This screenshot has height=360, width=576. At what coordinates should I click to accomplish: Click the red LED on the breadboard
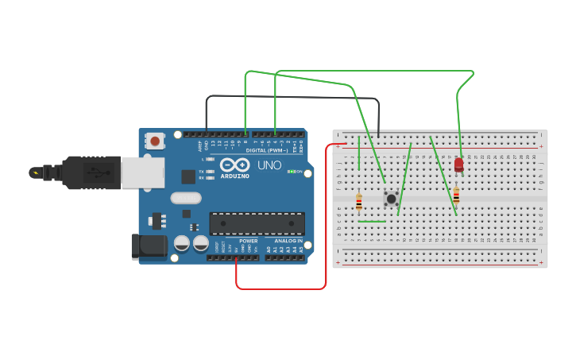pyautogui.click(x=458, y=165)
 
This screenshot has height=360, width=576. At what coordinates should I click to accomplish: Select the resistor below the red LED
pyautogui.click(x=456, y=195)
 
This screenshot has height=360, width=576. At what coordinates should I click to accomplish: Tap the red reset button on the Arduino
pyautogui.click(x=155, y=141)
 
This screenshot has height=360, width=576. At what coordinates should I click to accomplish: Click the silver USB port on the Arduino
pyautogui.click(x=143, y=172)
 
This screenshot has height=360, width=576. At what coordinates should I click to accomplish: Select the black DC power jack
pyautogui.click(x=149, y=246)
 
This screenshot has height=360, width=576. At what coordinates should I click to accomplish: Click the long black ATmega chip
pyautogui.click(x=257, y=223)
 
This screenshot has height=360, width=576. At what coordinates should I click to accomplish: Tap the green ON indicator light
pyautogui.click(x=292, y=172)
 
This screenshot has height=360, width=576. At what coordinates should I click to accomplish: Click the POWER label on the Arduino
pyautogui.click(x=249, y=241)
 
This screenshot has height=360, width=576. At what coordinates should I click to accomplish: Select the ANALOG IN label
pyautogui.click(x=288, y=241)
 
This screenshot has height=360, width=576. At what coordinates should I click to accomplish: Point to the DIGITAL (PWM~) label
pyautogui.click(x=267, y=150)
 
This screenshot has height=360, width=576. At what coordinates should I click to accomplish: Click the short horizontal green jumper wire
pyautogui.click(x=372, y=222)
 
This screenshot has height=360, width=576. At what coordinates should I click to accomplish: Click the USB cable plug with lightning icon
pyautogui.click(x=36, y=172)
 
